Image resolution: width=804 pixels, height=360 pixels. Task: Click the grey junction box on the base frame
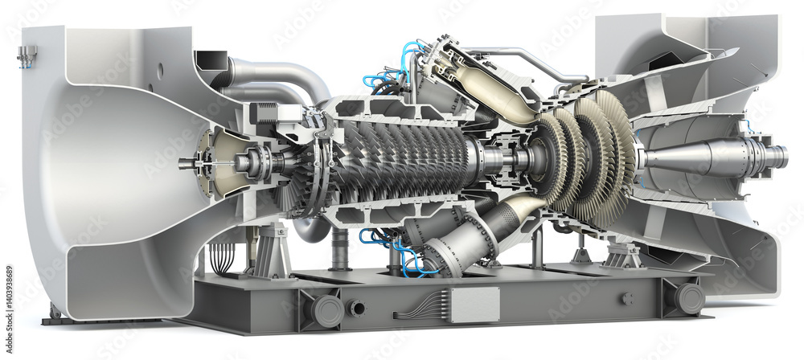pos(474,305)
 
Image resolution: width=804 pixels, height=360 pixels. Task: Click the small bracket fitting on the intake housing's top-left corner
pos(27,54)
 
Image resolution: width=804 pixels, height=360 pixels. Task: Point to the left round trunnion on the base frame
pos(327,310)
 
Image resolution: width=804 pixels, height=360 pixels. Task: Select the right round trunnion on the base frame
pos(689,298)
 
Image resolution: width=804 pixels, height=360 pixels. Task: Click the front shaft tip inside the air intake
pos(186,164)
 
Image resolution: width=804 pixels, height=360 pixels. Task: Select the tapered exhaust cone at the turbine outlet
pos(683,157)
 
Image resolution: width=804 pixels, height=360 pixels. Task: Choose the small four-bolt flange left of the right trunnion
pos(627,298)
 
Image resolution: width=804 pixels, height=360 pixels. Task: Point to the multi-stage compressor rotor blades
pos(402,157)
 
